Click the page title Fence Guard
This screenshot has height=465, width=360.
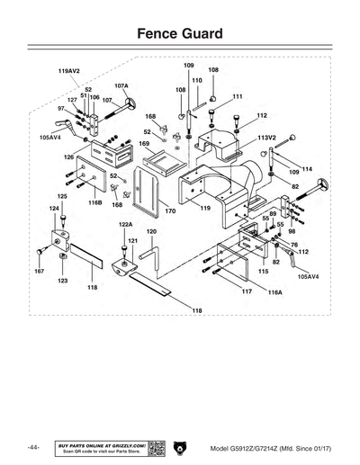(179, 33)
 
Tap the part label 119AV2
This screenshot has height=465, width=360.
(69, 70)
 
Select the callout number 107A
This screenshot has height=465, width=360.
(121, 85)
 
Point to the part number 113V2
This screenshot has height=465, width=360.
(266, 139)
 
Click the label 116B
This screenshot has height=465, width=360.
(95, 204)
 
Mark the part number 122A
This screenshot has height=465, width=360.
(125, 224)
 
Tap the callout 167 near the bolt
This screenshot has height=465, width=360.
(39, 270)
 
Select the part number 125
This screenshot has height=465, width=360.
(62, 196)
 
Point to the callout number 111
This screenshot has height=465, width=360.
(237, 96)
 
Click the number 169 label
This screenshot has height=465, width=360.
(143, 143)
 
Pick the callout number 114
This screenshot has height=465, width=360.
(306, 169)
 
